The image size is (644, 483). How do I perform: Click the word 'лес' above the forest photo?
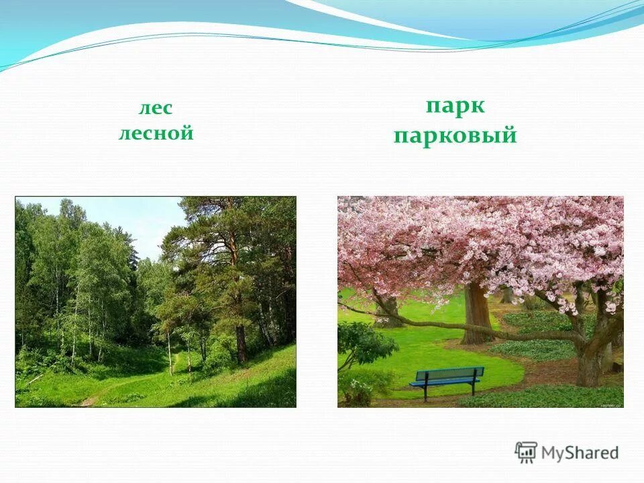tap(156, 109)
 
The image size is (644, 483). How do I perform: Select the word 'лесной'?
tap(156, 133)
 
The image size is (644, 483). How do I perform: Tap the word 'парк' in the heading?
tap(455, 106)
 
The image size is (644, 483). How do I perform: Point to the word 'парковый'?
tap(455, 136)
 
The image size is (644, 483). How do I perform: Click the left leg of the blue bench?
tap(425, 393)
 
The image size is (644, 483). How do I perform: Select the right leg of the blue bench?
tap(474, 388)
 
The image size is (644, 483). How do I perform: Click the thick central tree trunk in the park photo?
tap(477, 312)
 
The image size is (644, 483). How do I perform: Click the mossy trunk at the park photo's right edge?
tap(590, 362)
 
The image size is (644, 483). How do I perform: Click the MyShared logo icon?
tap(526, 452)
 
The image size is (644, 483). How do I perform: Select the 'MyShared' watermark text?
tap(580, 453)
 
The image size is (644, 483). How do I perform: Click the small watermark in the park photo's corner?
tap(607, 404)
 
